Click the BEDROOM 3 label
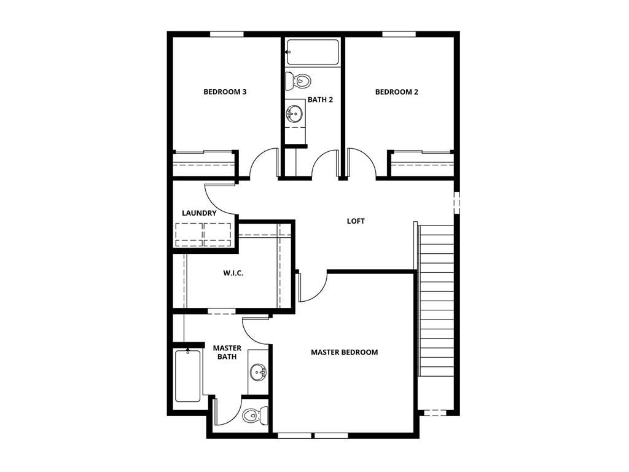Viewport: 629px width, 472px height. [225, 92]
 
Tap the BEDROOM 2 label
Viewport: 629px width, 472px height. [396, 92]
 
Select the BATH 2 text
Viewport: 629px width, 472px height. [320, 100]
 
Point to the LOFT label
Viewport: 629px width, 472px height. [356, 221]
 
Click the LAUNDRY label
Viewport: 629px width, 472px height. [199, 213]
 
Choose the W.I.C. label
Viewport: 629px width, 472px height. [233, 273]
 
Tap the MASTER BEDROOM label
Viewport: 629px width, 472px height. [344, 352]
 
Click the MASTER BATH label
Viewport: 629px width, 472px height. [227, 352]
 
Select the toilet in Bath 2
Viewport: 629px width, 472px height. [298, 81]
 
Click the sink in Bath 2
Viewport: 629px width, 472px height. [294, 114]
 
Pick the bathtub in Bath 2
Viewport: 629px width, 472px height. [313, 52]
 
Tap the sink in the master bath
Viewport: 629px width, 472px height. [258, 372]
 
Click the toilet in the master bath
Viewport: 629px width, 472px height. [255, 415]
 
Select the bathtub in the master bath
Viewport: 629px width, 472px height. [188, 376]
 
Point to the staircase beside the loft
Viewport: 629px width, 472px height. [437, 300]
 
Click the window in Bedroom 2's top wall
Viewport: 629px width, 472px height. [399, 34]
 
